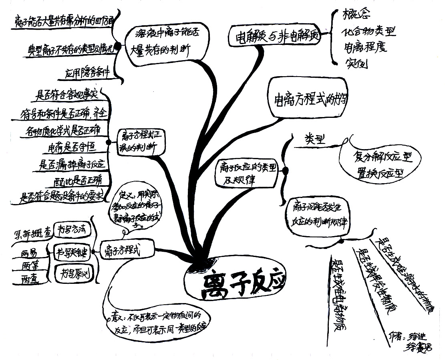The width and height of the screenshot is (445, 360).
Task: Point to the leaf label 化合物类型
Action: [x=368, y=32]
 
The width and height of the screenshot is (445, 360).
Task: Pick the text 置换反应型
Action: [x=378, y=174]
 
